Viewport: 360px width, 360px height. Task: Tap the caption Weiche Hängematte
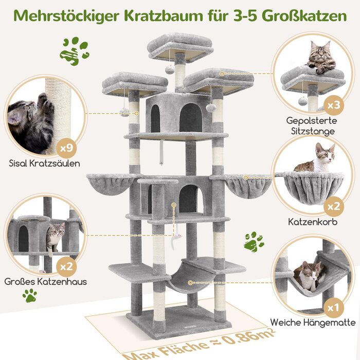[x=313, y=323]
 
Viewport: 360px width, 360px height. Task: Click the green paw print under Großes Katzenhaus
[x=29, y=296]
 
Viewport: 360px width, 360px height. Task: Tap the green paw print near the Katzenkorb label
[x=254, y=240]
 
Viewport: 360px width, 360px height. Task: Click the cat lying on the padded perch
[x=321, y=58]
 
